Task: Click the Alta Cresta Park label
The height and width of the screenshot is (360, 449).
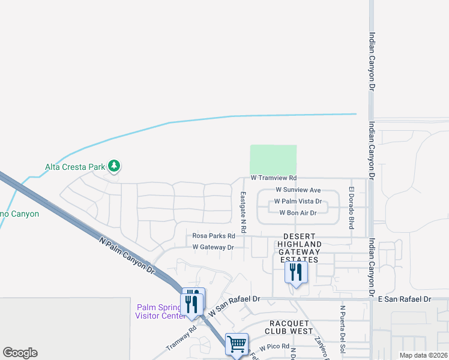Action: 75,167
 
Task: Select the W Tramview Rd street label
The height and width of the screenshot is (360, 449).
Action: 274,178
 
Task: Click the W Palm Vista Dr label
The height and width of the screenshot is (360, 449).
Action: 298,202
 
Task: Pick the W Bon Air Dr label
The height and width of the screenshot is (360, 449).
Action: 298,213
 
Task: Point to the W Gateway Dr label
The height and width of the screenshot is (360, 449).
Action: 212,247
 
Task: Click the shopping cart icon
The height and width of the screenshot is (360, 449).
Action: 237,344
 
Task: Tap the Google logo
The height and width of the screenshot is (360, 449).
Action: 20,353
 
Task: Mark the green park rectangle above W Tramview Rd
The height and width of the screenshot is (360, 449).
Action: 273,160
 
